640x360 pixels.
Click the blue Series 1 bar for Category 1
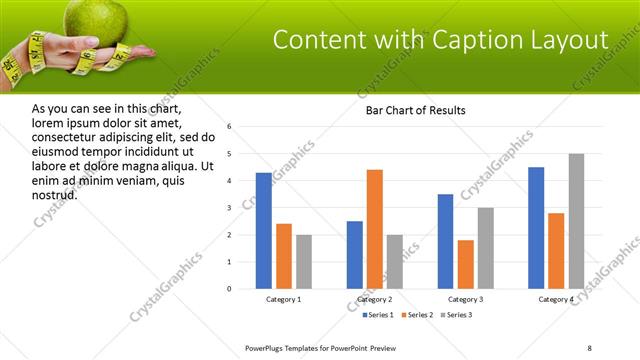coord(263,231)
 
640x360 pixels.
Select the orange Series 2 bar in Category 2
coord(375,229)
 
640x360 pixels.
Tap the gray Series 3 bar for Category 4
coord(576,221)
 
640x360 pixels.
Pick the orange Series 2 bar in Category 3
coord(465,264)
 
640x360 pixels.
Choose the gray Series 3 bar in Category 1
coord(303,262)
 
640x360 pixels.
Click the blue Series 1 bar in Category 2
coord(355,255)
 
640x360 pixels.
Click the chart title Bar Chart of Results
coord(410,110)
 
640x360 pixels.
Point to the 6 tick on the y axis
coord(229,127)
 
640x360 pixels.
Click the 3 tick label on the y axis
coord(229,208)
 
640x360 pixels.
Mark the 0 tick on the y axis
coord(229,289)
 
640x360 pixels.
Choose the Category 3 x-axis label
coord(465,299)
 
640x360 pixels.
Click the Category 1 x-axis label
coord(283,299)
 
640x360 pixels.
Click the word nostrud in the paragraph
coord(54,194)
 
